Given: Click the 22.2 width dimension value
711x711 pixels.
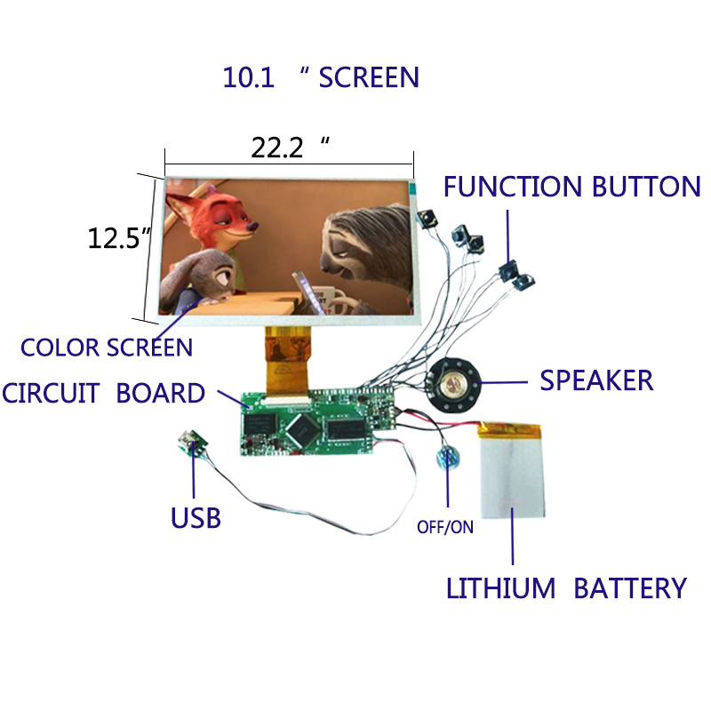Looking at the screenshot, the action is [x=277, y=148].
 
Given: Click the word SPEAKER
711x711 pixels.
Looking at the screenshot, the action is [x=596, y=380].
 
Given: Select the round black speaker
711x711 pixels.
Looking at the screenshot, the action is [x=453, y=385].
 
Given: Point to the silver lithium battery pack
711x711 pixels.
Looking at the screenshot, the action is [x=511, y=470].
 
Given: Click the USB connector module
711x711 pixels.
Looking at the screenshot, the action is [x=192, y=442].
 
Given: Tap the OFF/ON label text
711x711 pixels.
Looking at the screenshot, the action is [x=445, y=527].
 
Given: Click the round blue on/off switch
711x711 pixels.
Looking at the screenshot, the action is [x=447, y=459].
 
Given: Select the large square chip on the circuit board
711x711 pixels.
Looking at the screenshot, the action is [x=303, y=428].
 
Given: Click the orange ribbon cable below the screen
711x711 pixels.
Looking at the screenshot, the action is [x=288, y=361].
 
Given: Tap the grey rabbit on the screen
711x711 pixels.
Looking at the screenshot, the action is [x=198, y=280].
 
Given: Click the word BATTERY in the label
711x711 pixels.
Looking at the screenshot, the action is [x=630, y=588].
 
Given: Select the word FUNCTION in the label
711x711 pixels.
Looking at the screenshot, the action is [x=513, y=187].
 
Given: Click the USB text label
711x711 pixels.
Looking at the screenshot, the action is [x=196, y=518].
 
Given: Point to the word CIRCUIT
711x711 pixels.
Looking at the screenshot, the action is [x=51, y=393].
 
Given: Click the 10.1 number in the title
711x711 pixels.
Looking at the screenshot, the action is [x=249, y=77].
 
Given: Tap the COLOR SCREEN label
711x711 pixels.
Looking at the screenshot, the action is [x=107, y=348].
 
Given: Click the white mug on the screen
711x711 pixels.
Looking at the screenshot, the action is [x=331, y=299].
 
